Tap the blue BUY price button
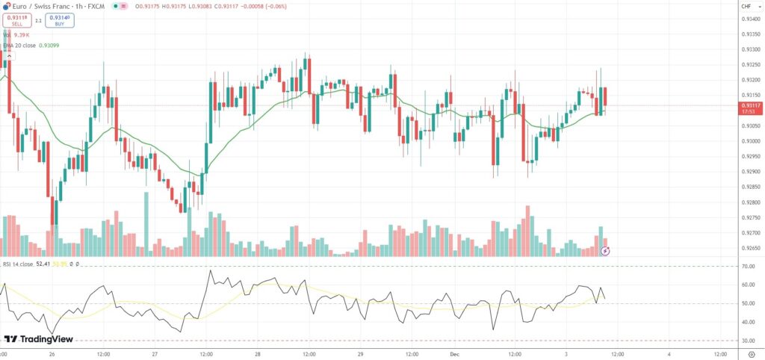60,20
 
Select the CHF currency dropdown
746,7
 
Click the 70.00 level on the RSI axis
746,266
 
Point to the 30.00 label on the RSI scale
746,341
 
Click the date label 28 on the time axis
257,354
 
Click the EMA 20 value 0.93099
48,45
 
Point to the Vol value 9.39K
21,35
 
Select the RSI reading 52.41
43,264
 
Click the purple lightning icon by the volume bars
606,251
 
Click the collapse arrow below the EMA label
9,56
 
